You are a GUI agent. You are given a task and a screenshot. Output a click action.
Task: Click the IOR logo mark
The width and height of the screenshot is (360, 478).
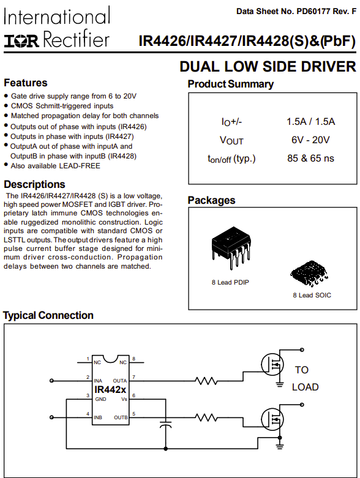click(21, 41)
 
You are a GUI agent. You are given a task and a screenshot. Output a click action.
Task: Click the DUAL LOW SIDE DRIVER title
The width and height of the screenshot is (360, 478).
click(268, 67)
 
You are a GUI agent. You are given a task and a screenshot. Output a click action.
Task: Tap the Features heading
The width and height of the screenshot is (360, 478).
click(26, 83)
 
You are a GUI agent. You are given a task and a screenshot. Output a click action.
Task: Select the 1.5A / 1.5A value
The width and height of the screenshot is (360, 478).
click(310, 121)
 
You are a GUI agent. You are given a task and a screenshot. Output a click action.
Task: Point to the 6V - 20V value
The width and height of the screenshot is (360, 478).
click(310, 140)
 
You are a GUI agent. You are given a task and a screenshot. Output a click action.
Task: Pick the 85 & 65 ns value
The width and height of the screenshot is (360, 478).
click(310, 159)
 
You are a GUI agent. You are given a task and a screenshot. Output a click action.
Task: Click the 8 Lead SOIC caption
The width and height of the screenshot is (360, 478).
click(312, 295)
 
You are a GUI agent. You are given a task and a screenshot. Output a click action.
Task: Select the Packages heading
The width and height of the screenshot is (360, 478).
click(212, 200)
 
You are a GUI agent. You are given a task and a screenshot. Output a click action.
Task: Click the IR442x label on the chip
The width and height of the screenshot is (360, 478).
click(110, 389)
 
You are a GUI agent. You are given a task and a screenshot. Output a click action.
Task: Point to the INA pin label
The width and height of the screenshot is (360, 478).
click(98, 381)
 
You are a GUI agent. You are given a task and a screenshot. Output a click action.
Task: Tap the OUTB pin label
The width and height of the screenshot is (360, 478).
click(121, 417)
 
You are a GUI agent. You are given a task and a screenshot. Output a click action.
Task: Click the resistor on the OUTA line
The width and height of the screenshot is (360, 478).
click(206, 381)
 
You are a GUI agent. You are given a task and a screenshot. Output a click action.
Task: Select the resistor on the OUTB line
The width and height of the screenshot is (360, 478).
click(206, 417)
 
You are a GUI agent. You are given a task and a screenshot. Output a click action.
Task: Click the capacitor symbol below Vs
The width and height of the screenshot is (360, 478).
click(165, 424)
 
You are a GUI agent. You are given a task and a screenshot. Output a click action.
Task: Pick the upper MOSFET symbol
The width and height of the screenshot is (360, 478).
click(272, 365)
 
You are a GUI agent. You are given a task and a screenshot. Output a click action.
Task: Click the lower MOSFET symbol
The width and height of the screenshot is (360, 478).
click(272, 419)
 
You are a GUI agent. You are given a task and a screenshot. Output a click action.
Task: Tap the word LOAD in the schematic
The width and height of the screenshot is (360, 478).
click(305, 387)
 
